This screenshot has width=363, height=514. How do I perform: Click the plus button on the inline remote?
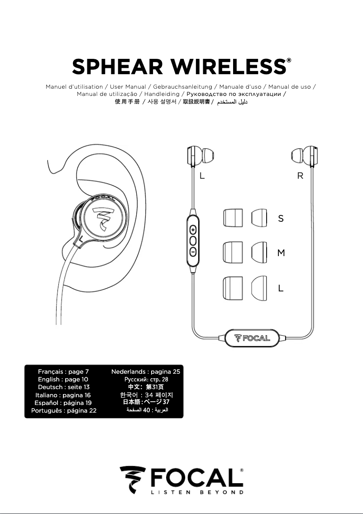tap(193, 229)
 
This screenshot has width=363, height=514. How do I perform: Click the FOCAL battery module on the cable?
tap(252, 338)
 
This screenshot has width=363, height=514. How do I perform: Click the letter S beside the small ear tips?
tap(281, 219)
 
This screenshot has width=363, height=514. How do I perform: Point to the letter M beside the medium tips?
tap(281, 253)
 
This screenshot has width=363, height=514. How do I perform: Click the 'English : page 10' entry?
tap(63, 379)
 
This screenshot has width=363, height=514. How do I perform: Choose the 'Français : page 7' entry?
tap(63, 371)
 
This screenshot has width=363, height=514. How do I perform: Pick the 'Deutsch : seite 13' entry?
tap(63, 387)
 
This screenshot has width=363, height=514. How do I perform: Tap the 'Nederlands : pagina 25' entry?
tap(146, 371)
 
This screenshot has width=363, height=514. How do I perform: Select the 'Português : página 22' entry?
tap(63, 410)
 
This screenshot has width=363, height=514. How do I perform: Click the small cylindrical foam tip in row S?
tap(233, 218)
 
